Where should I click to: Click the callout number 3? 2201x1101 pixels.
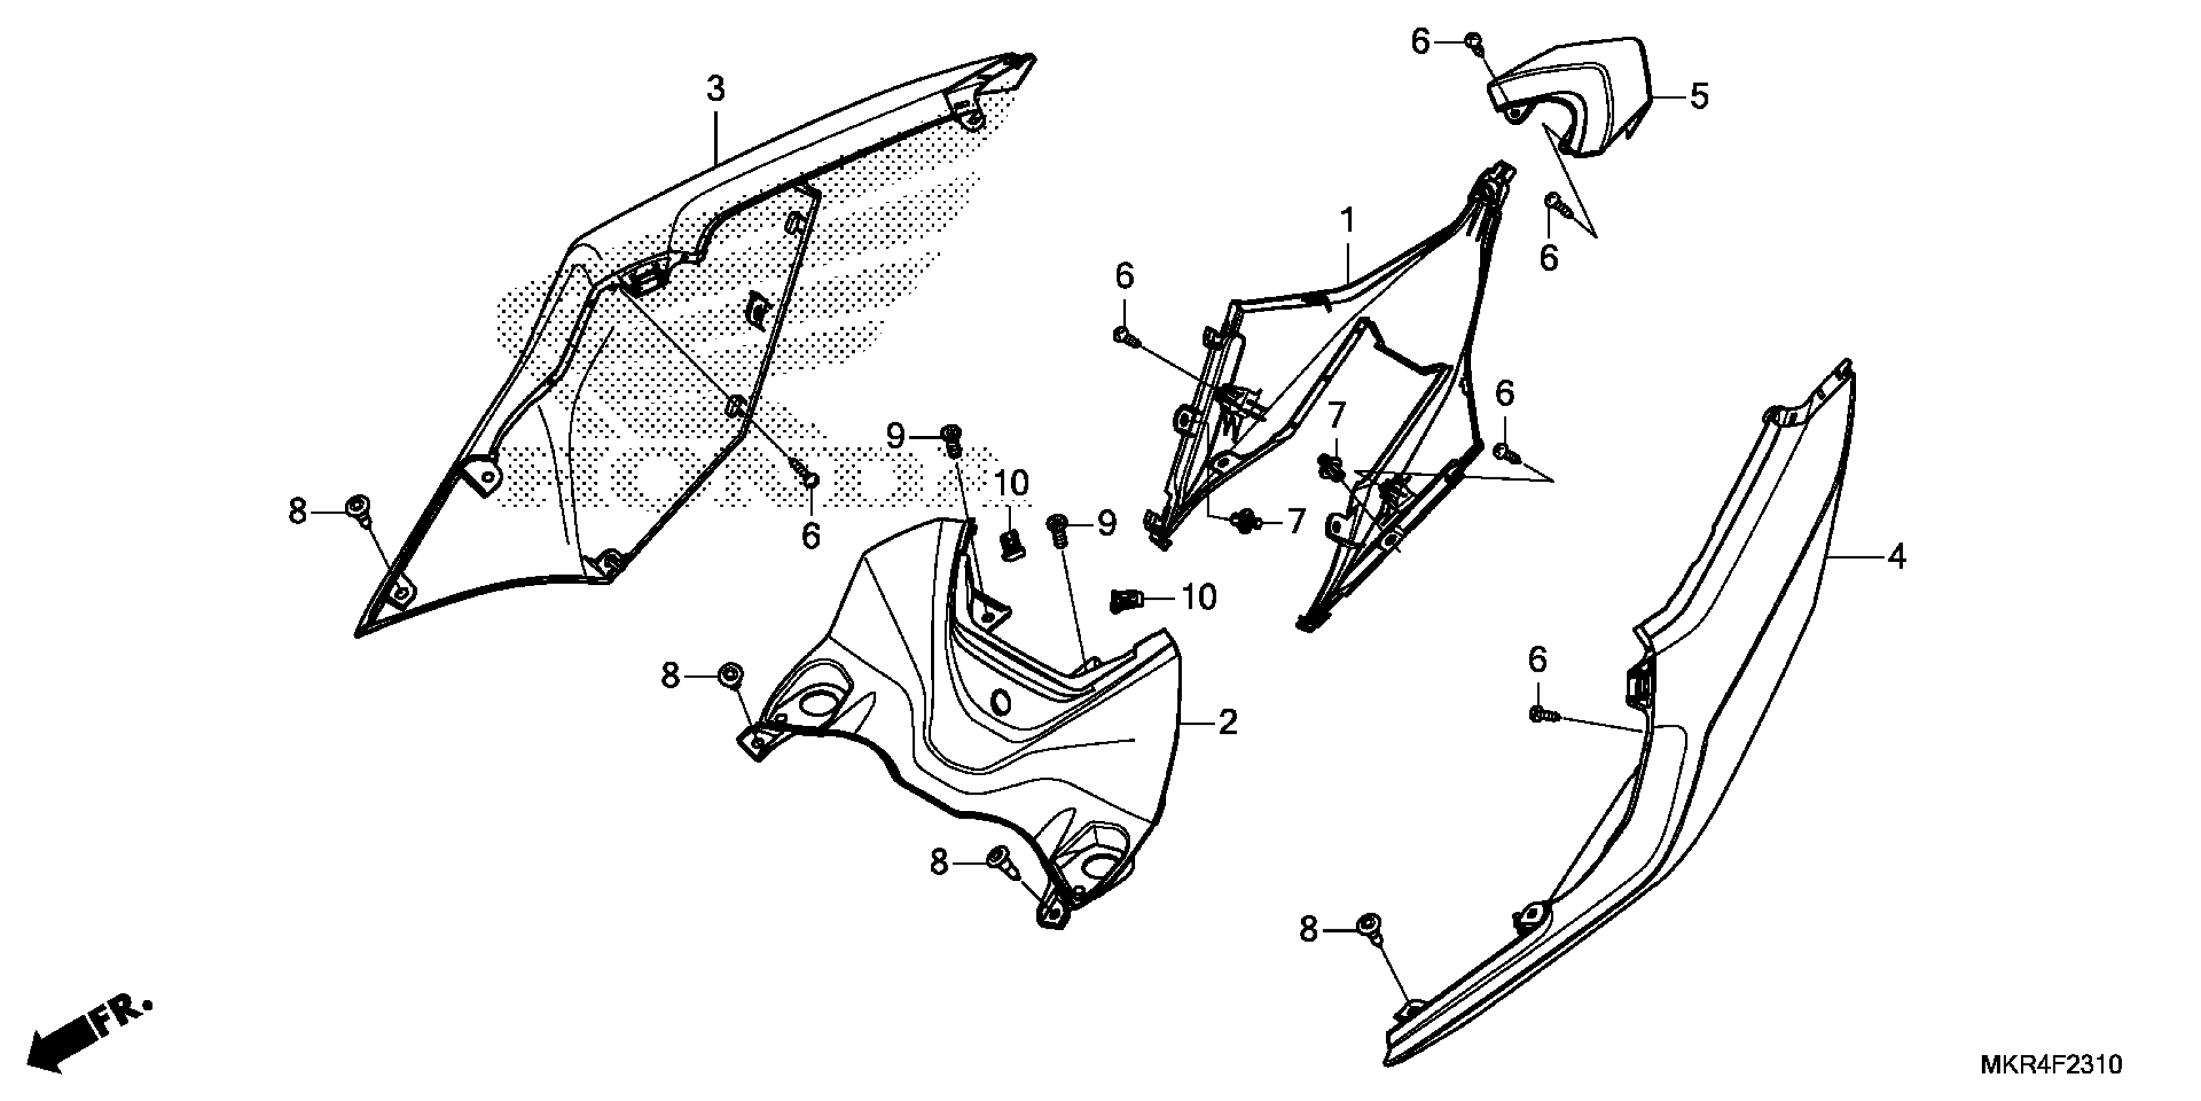[x=715, y=88]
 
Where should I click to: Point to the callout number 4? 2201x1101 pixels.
[x=1897, y=558]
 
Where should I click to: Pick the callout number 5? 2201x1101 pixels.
[x=1699, y=96]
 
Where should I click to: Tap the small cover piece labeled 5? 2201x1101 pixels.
[x=1572, y=98]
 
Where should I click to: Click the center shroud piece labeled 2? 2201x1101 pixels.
[x=983, y=735]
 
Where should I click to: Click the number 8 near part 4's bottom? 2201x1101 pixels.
[x=1309, y=929]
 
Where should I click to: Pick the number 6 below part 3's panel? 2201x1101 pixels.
[x=811, y=537]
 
